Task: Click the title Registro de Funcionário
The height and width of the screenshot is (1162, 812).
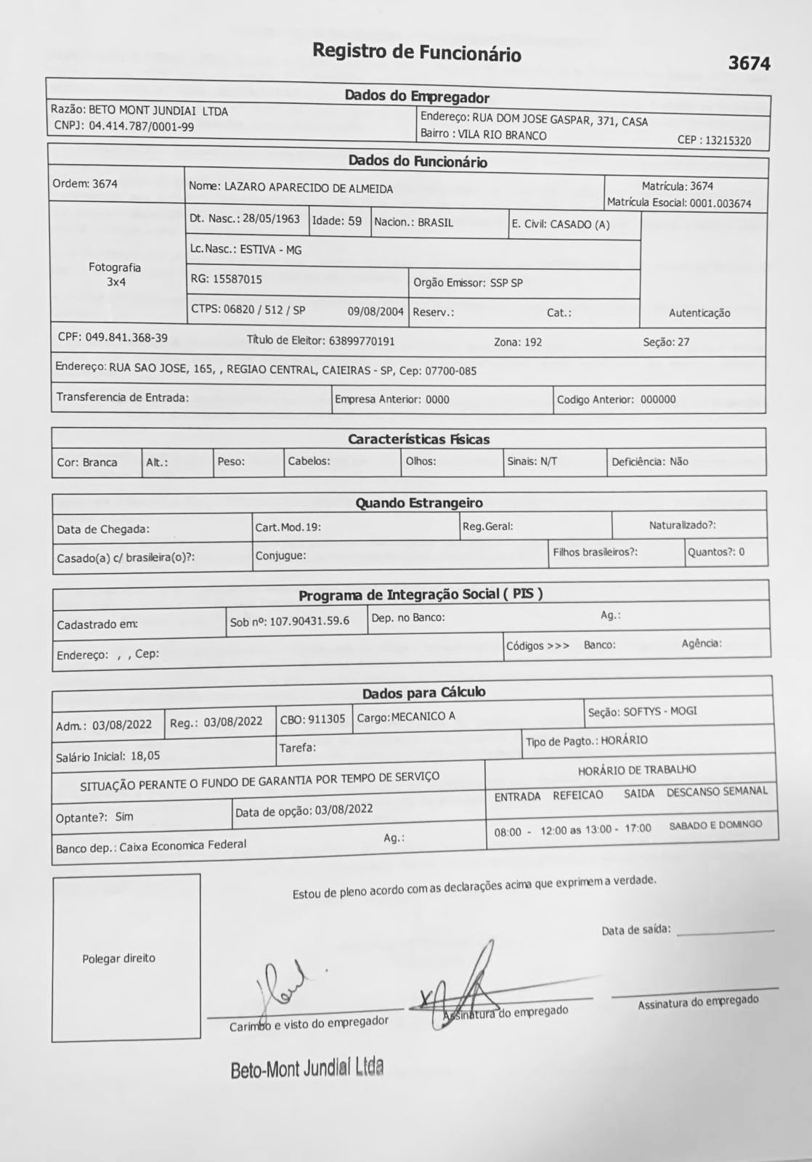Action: tap(416, 52)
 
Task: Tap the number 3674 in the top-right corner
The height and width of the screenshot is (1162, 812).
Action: tap(749, 64)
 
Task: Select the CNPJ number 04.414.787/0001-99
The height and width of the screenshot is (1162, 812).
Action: tap(142, 126)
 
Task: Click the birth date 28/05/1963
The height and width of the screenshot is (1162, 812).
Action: tap(271, 219)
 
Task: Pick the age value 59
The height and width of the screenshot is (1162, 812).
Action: tap(354, 221)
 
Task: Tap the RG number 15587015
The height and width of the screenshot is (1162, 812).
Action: tap(237, 279)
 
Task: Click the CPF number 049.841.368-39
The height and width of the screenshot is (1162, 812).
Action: tap(126, 338)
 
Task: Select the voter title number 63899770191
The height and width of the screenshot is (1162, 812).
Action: tap(362, 341)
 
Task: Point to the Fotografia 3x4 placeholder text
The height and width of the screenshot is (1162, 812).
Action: tap(115, 275)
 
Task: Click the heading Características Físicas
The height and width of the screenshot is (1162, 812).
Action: tap(418, 439)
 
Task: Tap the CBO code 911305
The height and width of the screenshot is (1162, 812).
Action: tap(326, 719)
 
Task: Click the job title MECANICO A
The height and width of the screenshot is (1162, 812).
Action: tap(423, 717)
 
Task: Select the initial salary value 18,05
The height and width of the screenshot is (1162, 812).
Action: tap(145, 756)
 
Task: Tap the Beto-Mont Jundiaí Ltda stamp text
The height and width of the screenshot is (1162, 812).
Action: tap(306, 1069)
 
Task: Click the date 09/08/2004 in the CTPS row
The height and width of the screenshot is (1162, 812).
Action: tap(375, 312)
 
